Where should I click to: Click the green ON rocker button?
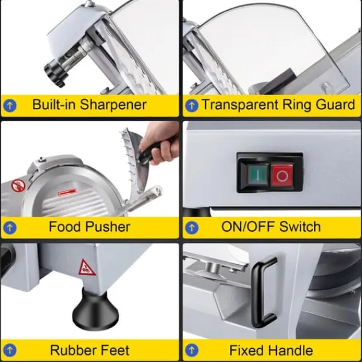[x=257, y=174]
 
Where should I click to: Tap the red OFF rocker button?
[x=282, y=175]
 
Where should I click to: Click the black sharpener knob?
[x=55, y=74]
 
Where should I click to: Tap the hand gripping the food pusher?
[x=160, y=141]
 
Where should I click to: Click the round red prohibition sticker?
[x=19, y=186]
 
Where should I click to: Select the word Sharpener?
[x=113, y=105]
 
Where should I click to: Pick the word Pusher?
[x=108, y=227]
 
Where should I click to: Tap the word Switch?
[x=300, y=227]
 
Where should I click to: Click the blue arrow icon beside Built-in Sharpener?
[x=10, y=106]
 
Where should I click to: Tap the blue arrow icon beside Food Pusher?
[x=10, y=227]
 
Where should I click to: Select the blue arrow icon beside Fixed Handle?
[x=192, y=350]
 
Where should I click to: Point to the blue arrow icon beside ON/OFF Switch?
[x=192, y=227]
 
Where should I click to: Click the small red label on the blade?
[x=67, y=192]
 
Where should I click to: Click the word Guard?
[x=335, y=105]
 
